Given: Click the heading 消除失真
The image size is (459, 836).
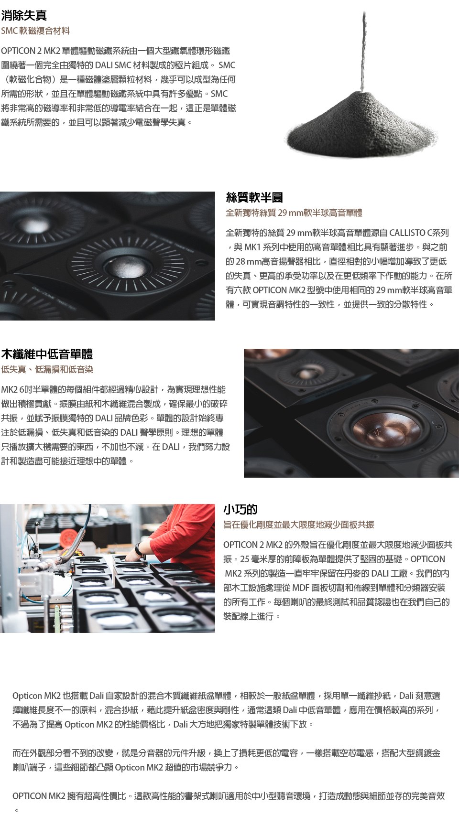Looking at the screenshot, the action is tap(24, 15).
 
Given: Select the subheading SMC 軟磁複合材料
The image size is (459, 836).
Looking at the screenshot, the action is tap(35, 31).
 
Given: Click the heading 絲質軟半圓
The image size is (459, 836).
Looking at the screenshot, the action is tap(254, 197).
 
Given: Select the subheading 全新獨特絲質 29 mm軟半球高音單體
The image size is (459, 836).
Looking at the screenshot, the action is tap(294, 213).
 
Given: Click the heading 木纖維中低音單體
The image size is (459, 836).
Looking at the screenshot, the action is tap(47, 354).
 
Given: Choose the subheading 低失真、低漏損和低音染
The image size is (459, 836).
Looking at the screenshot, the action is tap(47, 370).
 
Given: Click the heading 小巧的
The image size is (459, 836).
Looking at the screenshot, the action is tap(240, 509).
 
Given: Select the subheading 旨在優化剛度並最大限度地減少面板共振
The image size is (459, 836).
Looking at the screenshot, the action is tap(299, 525).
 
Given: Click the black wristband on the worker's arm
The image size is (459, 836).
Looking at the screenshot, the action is tap(139, 549).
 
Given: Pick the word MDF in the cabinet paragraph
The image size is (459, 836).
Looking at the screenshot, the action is tap(301, 588).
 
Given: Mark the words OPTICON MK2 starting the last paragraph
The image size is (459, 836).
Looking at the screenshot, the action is tap(39, 796).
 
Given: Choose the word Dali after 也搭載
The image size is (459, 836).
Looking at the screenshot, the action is tap(97, 696).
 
